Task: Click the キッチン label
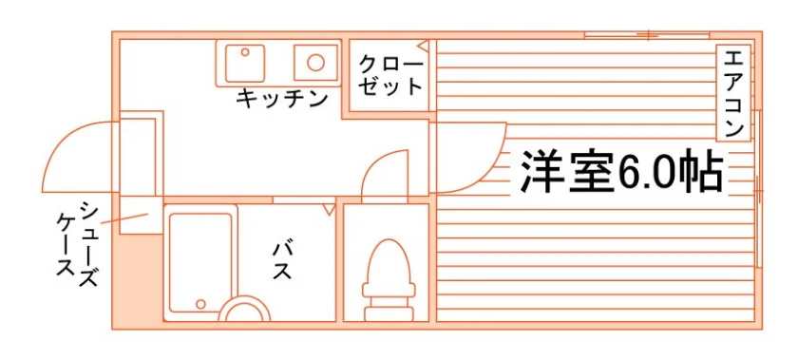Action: coord(281,98)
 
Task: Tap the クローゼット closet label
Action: coord(390,76)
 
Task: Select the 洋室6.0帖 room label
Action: coord(621,171)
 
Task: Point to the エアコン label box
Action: coord(733,93)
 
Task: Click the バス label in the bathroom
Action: coord(281,261)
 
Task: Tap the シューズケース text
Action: coord(76,245)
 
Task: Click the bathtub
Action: coord(200,262)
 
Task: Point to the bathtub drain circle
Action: coord(200,304)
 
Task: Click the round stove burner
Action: coord(316,63)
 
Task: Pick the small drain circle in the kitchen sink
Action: coord(245,52)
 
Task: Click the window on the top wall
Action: coord(646,35)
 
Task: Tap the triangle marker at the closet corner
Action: coord(424,46)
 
